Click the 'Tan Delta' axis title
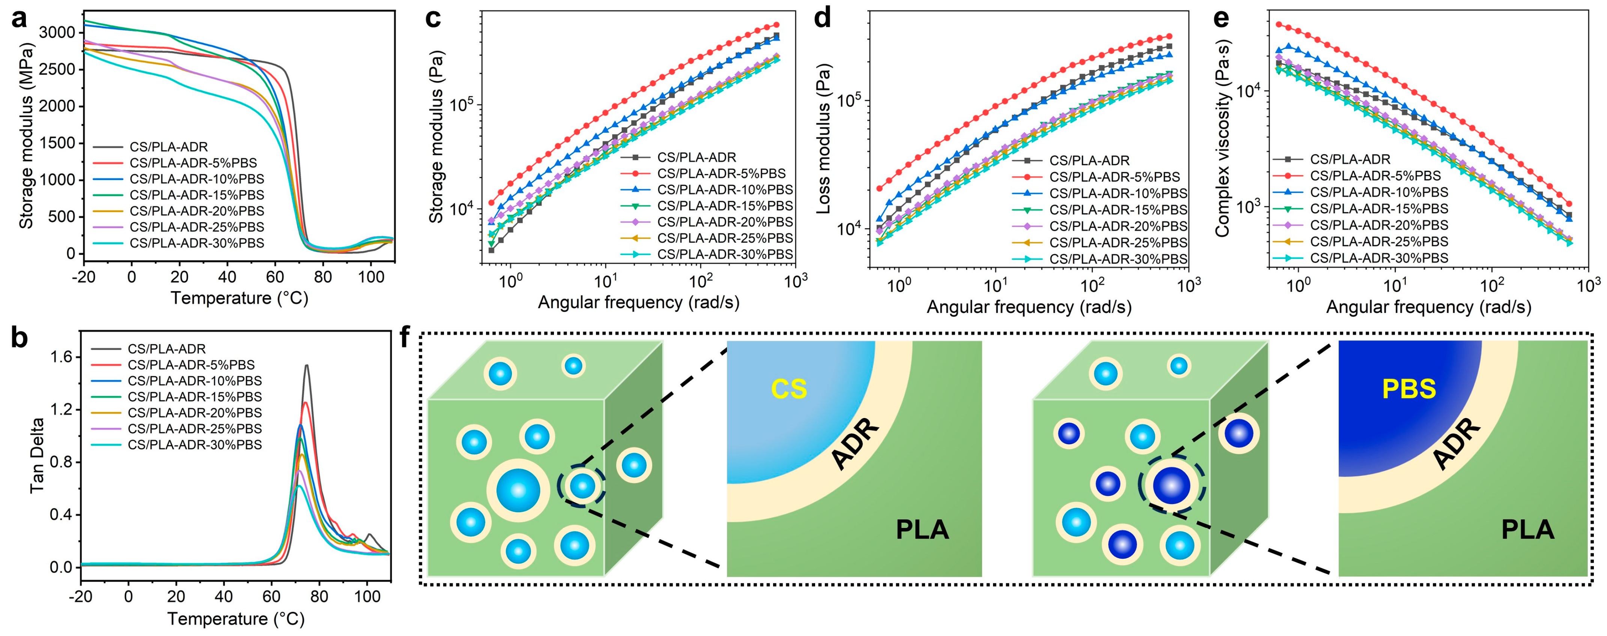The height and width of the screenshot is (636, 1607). (38, 455)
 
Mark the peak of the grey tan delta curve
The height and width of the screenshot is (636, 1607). (306, 366)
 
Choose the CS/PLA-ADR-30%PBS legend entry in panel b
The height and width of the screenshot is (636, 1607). (195, 445)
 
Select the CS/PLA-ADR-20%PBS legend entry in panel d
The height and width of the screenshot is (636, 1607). (1118, 226)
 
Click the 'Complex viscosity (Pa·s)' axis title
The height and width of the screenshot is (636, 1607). (1222, 138)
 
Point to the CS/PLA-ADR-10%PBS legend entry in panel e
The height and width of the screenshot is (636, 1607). (1379, 192)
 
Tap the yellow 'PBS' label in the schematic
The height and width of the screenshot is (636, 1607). (1408, 389)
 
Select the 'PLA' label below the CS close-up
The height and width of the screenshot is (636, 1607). (922, 530)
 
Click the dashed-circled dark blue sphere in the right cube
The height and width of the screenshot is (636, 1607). (1171, 485)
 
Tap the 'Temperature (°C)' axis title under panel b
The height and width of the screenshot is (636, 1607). (236, 619)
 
